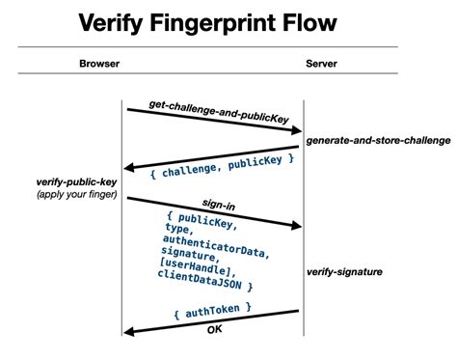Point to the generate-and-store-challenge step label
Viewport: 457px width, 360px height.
[x=378, y=140]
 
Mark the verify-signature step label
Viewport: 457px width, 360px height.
[x=344, y=272]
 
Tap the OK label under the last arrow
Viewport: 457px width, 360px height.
[x=215, y=330]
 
